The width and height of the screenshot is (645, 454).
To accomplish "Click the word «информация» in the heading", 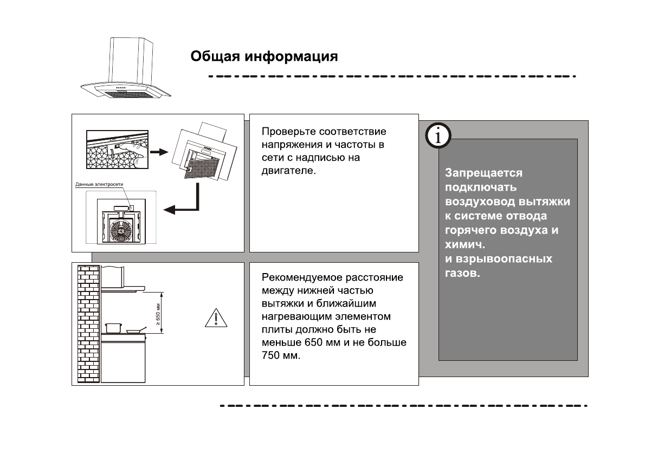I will (292, 57).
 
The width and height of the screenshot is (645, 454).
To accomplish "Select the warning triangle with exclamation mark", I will (216, 317).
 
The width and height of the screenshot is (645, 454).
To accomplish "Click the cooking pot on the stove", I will (113, 327).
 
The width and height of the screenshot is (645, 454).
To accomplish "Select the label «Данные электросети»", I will (99, 185).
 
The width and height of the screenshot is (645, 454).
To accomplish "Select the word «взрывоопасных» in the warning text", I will (504, 259).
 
